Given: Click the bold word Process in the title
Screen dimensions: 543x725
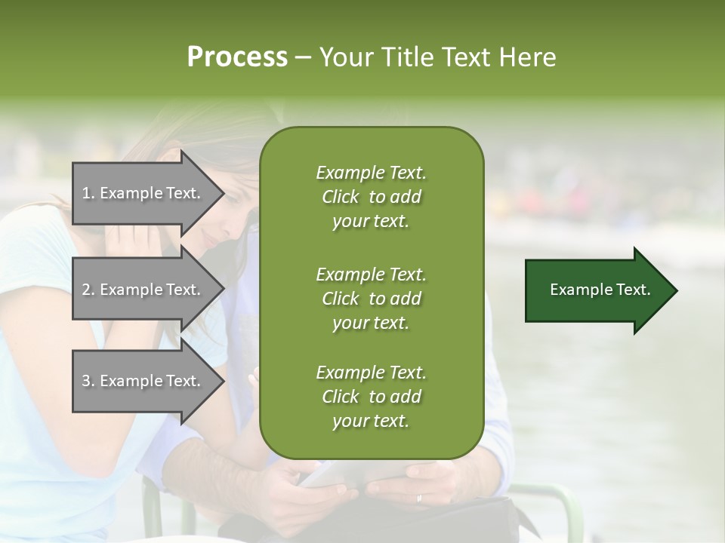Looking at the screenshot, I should (237, 57).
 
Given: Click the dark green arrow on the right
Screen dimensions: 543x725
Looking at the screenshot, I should (597, 290).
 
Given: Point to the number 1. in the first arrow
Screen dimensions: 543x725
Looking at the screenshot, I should (88, 193).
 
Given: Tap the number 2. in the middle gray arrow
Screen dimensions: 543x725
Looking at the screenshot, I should (88, 290).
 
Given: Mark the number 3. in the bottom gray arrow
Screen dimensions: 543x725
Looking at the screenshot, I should (88, 381).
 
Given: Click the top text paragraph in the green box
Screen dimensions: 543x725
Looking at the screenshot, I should (371, 197).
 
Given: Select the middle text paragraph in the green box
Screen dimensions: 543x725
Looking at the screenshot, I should (371, 299).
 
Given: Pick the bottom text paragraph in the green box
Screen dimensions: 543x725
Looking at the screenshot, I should (371, 397).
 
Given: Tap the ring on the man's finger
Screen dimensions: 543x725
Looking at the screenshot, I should (419, 499).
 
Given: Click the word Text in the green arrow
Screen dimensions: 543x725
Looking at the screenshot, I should (634, 290).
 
